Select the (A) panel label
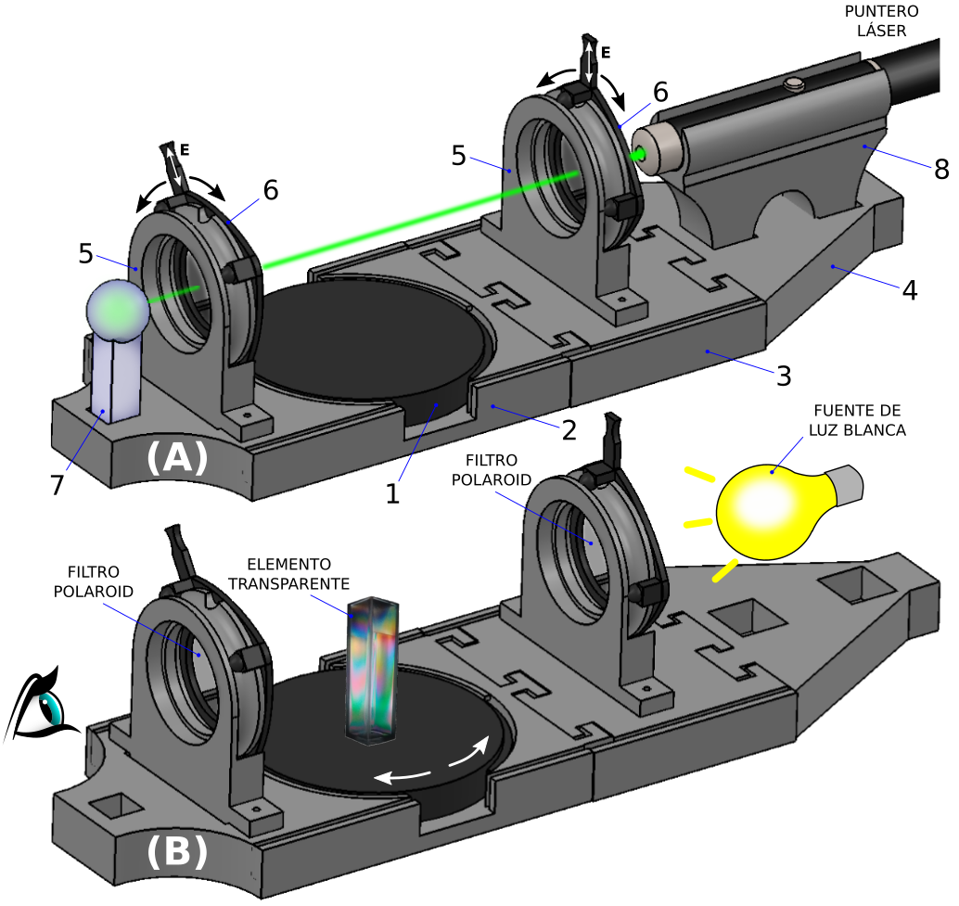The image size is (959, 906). (x=175, y=458)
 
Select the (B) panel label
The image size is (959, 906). (x=175, y=850)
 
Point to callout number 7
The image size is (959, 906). (x=57, y=484)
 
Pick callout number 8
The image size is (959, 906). (x=941, y=170)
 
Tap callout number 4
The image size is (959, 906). (x=909, y=290)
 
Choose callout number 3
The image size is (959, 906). (x=784, y=376)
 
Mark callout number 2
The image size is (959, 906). (x=569, y=429)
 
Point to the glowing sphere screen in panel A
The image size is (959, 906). (x=118, y=310)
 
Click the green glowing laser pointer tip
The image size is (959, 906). (x=640, y=154)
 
